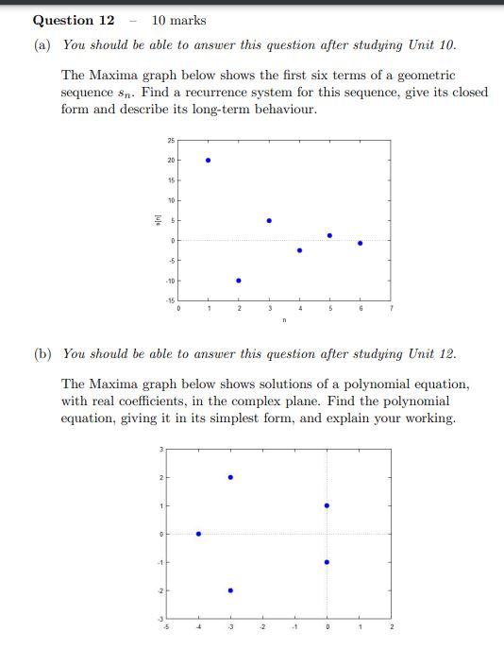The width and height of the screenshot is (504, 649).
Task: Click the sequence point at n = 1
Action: pyautogui.click(x=208, y=160)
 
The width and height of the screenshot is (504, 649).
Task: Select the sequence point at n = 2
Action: pyautogui.click(x=238, y=281)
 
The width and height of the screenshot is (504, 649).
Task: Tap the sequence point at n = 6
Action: pyautogui.click(x=360, y=243)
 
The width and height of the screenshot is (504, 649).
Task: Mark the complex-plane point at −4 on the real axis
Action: pyautogui.click(x=198, y=534)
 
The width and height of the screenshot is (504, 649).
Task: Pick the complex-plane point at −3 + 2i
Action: pyautogui.click(x=230, y=477)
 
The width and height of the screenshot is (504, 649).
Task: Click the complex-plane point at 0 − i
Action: pyautogui.click(x=327, y=562)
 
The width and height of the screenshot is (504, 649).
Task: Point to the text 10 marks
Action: pyautogui.click(x=178, y=20)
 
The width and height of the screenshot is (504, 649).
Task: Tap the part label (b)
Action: pyautogui.click(x=43, y=354)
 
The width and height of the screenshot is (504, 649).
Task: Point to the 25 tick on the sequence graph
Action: pyautogui.click(x=171, y=141)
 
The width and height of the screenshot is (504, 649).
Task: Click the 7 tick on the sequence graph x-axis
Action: pyautogui.click(x=390, y=309)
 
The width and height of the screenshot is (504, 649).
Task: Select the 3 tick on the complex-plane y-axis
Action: pyautogui.click(x=160, y=449)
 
